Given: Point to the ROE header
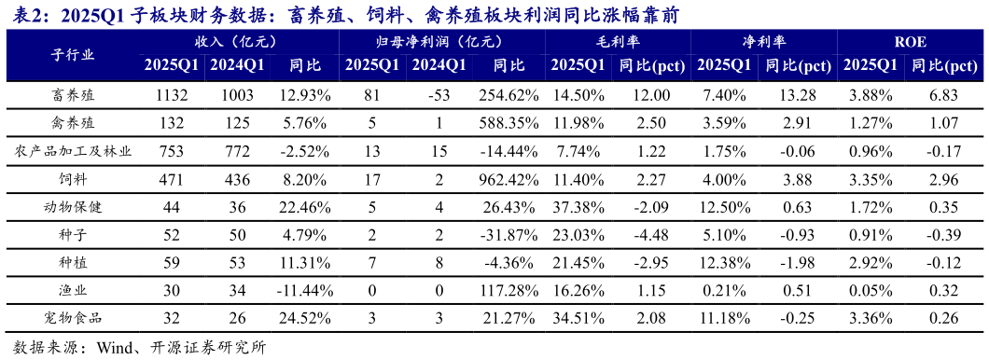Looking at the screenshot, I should tap(910, 42).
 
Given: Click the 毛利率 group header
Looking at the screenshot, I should tap(616, 42).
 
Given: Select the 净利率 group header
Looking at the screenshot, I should tap(763, 42).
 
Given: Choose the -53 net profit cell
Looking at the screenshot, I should tap(439, 96).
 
